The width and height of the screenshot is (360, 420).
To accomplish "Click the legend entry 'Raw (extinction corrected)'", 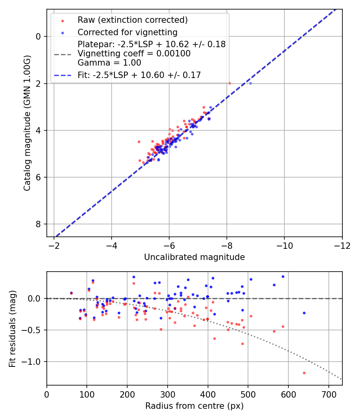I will [x=132, y=20].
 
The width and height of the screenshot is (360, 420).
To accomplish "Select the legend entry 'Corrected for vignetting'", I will [x=128, y=32].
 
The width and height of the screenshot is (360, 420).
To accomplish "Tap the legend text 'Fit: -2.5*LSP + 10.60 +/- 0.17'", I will [x=139, y=75].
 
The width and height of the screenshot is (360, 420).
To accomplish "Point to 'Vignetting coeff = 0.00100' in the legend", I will [x=134, y=54].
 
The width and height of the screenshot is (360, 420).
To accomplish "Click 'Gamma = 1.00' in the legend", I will [x=109, y=63].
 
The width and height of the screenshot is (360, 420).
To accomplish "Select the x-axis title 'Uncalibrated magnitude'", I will [x=194, y=257].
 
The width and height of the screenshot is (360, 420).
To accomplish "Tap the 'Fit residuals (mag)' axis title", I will [x=12, y=328].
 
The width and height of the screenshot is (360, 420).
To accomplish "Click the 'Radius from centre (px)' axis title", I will [x=194, y=406].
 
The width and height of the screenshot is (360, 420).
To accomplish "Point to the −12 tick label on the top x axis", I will [x=342, y=245].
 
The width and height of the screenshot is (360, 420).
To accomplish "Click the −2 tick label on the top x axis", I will [x=54, y=245].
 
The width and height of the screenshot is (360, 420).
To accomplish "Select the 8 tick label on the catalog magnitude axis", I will [x=38, y=224].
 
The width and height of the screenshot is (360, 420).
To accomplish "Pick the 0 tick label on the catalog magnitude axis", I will [x=38, y=36].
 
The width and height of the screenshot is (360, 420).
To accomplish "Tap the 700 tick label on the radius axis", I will [x=328, y=394].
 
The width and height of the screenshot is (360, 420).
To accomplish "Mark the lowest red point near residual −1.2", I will [x=304, y=373].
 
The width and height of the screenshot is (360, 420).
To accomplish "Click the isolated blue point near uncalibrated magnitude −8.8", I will [x=250, y=83].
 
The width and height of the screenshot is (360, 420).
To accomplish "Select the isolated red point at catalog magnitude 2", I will [x=230, y=83].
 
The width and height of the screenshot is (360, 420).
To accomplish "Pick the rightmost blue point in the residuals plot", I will [x=304, y=313].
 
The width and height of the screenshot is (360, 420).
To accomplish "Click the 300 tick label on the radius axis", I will [x=168, y=394].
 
